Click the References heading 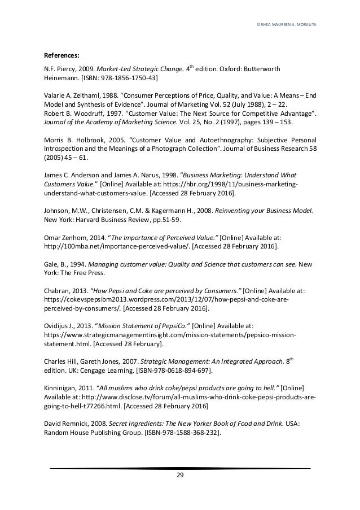[62, 55]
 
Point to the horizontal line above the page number [180, 468]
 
